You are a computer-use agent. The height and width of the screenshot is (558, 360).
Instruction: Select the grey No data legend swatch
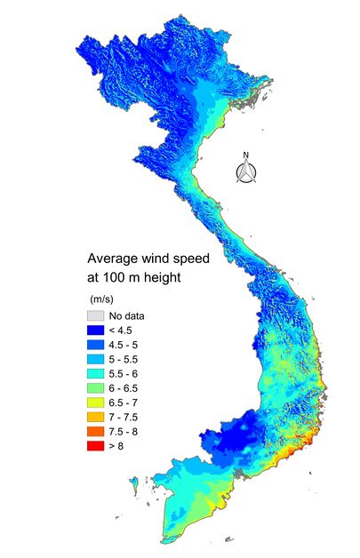(x=95, y=315)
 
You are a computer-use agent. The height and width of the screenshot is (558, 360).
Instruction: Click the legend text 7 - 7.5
(x=124, y=417)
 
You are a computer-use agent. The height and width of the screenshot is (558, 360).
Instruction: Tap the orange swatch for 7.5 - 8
(x=95, y=431)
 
